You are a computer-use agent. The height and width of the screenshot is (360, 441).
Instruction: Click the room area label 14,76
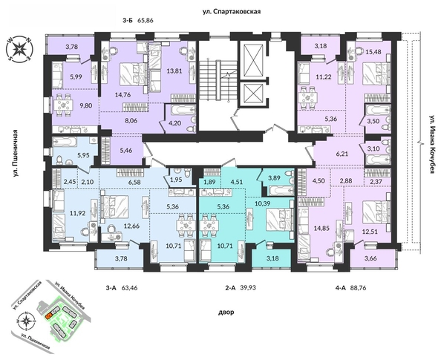[x=120, y=94]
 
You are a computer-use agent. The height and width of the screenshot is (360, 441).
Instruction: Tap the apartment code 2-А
[x=213, y=281]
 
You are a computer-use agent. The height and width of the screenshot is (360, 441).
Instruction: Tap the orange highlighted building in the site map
[x=49, y=315]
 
